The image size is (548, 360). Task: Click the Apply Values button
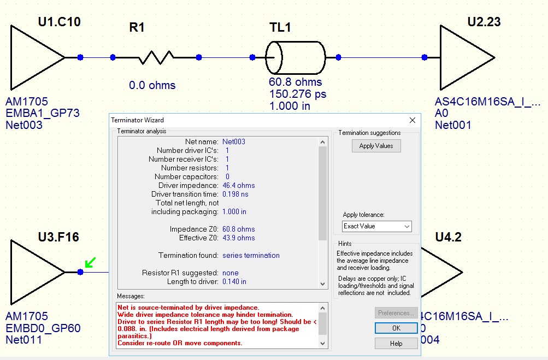[376, 146]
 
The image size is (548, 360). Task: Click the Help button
[396, 343]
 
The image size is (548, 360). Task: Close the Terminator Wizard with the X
[413, 120]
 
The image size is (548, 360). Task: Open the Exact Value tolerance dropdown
[376, 226]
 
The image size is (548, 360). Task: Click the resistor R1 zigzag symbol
[156, 57]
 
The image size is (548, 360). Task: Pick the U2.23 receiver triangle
[464, 57]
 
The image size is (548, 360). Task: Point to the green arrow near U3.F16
[90, 263]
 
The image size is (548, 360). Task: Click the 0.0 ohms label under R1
[152, 85]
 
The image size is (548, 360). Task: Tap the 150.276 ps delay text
[297, 94]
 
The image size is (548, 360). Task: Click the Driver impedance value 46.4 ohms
[238, 186]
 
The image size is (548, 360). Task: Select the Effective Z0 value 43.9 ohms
[238, 238]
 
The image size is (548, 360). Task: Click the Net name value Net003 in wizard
[234, 142]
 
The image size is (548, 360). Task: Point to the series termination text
[251, 256]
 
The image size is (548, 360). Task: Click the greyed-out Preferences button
[396, 313]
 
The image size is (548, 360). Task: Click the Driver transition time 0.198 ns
[235, 194]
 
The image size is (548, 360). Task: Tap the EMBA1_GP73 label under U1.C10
[43, 113]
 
